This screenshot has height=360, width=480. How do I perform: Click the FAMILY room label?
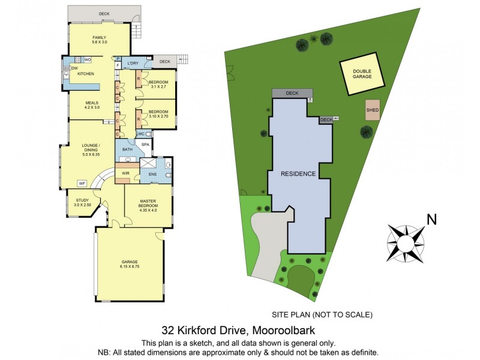99,37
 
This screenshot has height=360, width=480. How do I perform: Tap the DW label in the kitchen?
75,68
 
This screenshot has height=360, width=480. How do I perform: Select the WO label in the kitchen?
87,60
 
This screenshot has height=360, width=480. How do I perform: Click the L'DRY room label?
133,64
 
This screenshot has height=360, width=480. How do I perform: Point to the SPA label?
145,145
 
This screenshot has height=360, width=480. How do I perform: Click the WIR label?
125,173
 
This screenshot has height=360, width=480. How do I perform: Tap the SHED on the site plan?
372,110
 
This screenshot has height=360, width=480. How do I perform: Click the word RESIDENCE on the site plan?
299,173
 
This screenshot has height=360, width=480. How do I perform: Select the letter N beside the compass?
431,220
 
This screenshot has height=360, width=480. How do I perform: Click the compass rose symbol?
406,242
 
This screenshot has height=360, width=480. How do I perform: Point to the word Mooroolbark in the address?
285,330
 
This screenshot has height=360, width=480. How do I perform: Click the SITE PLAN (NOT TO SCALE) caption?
322,314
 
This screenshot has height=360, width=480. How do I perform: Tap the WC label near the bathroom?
142,134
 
